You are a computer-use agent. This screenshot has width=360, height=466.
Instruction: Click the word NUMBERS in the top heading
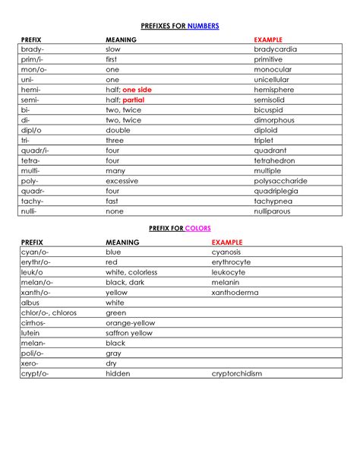201,26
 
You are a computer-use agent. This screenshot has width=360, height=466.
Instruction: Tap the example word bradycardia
275,49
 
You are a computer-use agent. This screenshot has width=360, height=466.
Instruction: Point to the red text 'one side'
137,90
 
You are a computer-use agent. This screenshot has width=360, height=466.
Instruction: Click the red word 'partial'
133,100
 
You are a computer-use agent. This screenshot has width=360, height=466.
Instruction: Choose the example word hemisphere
274,90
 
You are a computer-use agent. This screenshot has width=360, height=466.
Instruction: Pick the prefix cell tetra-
31,160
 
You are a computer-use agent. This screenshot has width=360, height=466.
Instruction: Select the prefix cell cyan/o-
35,252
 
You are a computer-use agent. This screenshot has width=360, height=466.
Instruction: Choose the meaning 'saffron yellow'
129,333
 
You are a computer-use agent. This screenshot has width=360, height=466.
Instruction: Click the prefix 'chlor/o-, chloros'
49,312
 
